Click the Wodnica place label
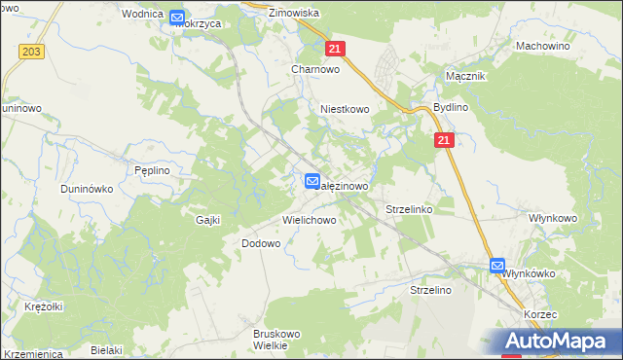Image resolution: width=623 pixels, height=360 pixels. pyautogui.click(x=141, y=15)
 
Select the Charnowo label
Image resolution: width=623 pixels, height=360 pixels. pyautogui.click(x=314, y=69)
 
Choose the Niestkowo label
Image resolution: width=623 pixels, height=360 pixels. pyautogui.click(x=345, y=110)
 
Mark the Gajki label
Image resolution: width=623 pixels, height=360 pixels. pyautogui.click(x=208, y=220)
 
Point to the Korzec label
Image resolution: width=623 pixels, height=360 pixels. pyautogui.click(x=538, y=316)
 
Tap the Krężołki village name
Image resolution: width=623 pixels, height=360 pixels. pyautogui.click(x=43, y=306)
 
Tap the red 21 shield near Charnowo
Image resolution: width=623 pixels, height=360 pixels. pyautogui.click(x=335, y=49)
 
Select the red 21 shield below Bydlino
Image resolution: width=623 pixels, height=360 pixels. pyautogui.click(x=444, y=141)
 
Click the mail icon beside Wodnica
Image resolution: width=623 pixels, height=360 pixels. pyautogui.click(x=177, y=17)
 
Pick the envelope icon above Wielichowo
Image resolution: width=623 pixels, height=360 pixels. pyautogui.click(x=311, y=181)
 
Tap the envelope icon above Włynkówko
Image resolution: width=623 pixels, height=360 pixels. pyautogui.click(x=497, y=265)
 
